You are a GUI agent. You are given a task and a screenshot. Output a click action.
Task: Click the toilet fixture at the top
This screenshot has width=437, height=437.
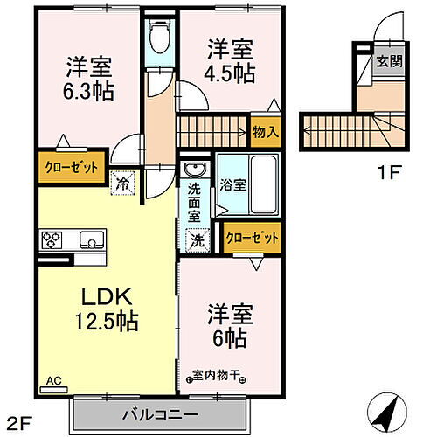(160, 38)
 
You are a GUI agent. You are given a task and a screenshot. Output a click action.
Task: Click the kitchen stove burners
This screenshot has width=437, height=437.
(51, 239)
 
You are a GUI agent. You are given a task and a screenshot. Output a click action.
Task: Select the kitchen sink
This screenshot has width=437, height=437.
(90, 239)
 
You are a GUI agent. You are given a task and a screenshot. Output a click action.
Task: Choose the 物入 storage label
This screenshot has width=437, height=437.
(266, 133)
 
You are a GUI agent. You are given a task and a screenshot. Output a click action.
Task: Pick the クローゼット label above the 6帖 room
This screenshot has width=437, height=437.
(253, 238)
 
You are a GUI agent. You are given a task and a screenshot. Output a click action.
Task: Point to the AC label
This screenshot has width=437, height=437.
(55, 381)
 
